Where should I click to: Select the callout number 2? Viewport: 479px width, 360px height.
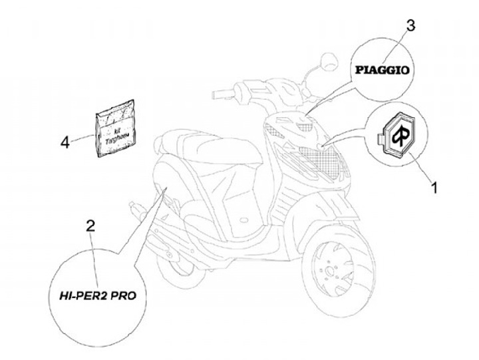90,226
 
